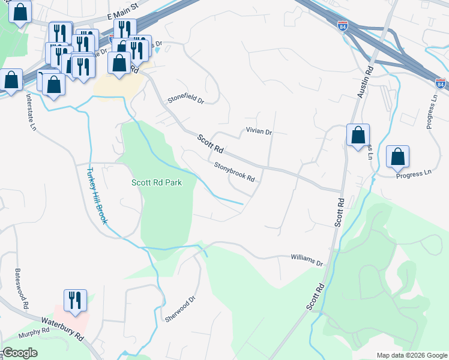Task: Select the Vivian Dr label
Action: tap(259, 131)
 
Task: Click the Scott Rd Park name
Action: tap(156, 182)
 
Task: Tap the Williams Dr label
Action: tap(307, 260)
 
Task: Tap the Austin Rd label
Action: tap(365, 83)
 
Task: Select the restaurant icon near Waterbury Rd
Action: tap(76, 301)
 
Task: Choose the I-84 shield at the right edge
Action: tap(441, 85)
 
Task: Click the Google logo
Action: tap(20, 353)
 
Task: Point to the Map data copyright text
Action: tap(411, 355)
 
